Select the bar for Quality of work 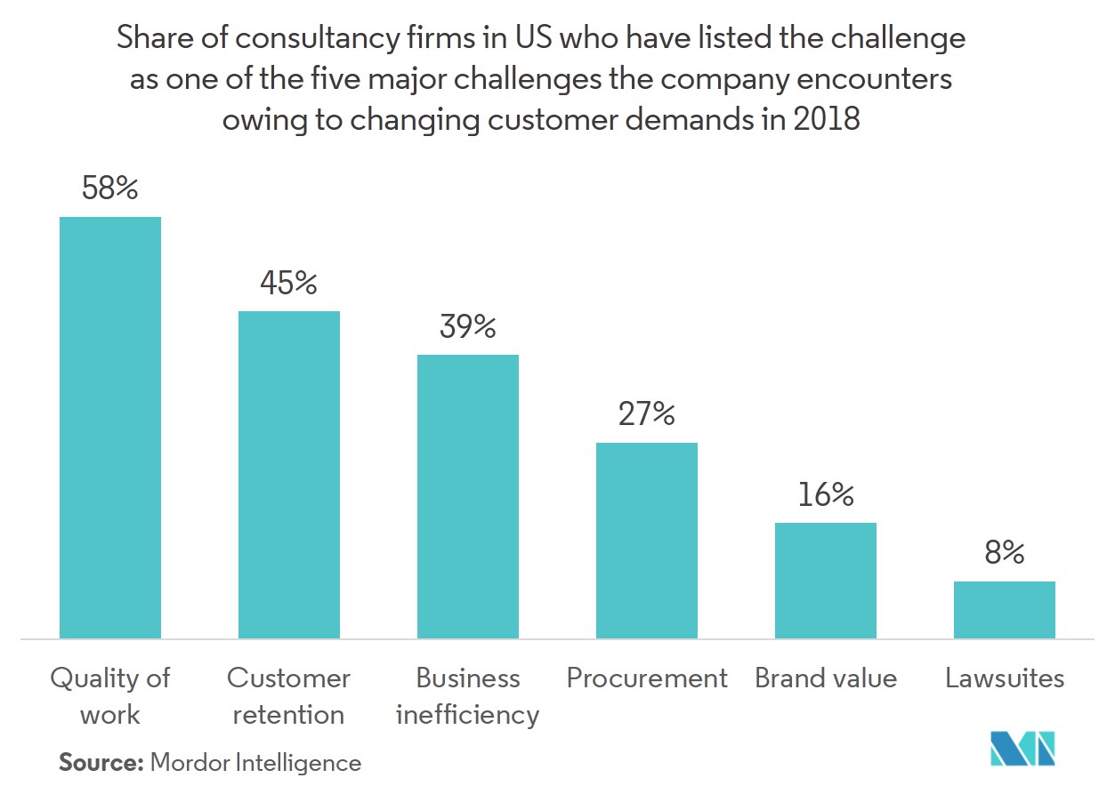click(x=110, y=427)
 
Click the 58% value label click(x=110, y=188)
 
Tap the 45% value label click(x=289, y=283)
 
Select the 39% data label click(x=468, y=327)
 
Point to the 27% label click(x=647, y=414)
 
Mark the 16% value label click(x=826, y=494)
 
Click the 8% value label click(x=1005, y=553)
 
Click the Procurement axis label click(x=647, y=678)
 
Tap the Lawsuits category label click(x=1005, y=678)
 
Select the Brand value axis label click(x=826, y=678)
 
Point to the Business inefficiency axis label click(x=468, y=696)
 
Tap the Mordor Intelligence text click(x=256, y=762)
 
